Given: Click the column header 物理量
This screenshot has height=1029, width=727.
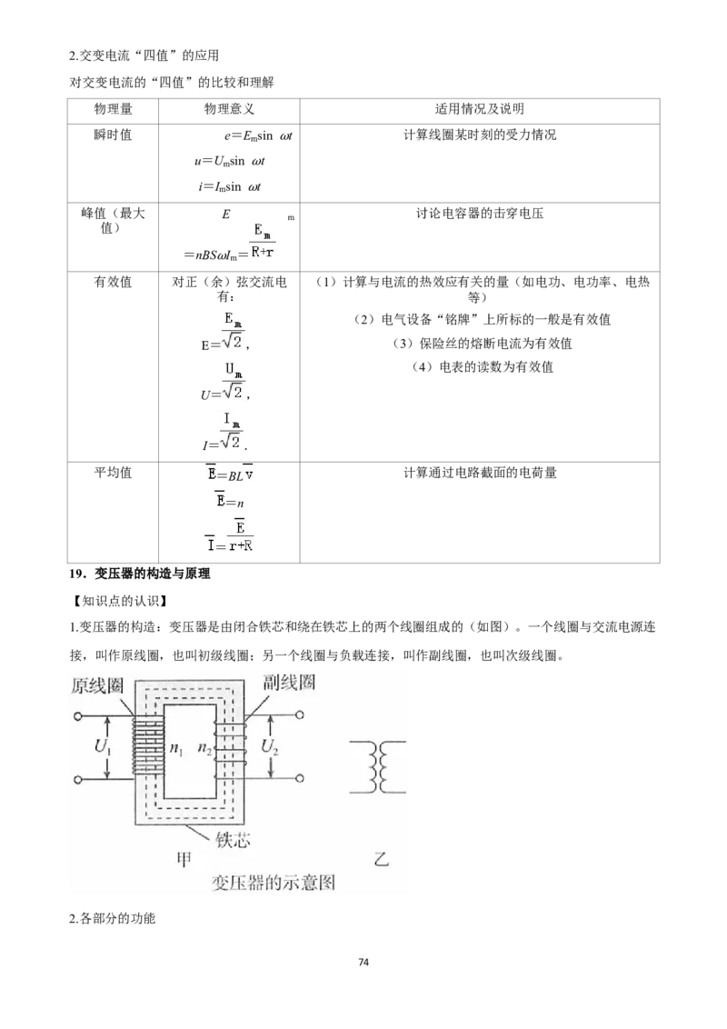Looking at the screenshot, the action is click(x=113, y=110).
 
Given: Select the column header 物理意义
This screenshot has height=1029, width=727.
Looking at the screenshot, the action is click(x=229, y=110).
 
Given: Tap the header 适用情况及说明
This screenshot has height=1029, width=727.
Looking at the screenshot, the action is click(x=480, y=110).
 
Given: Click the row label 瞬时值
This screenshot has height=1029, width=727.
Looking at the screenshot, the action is click(x=113, y=135).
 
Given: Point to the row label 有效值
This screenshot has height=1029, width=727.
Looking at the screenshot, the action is click(x=113, y=282).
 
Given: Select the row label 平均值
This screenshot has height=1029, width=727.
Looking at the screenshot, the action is click(x=113, y=473).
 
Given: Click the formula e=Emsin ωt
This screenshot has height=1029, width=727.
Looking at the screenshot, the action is click(x=258, y=136).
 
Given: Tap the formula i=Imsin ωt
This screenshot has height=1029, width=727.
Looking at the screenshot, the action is click(x=230, y=187).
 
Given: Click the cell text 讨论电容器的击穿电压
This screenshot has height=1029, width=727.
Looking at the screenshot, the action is click(x=480, y=214).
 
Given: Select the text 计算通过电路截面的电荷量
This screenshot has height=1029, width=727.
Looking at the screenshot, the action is click(x=480, y=473).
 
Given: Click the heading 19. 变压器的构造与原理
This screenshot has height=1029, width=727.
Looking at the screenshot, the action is click(x=140, y=574).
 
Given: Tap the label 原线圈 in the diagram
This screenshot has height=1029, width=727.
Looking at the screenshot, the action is click(x=98, y=685).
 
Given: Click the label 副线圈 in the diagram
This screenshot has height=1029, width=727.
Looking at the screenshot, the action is click(x=289, y=682).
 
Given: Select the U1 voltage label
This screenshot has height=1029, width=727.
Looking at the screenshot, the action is click(x=103, y=746).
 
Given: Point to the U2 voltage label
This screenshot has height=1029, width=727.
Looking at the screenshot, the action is click(x=270, y=746).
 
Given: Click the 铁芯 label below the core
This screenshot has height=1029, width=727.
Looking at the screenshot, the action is click(x=233, y=839).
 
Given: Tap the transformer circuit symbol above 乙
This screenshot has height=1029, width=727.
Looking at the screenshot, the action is click(x=377, y=767).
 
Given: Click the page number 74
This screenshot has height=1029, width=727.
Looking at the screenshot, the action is click(x=364, y=962).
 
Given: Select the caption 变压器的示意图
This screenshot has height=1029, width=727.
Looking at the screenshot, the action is click(x=274, y=882).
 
